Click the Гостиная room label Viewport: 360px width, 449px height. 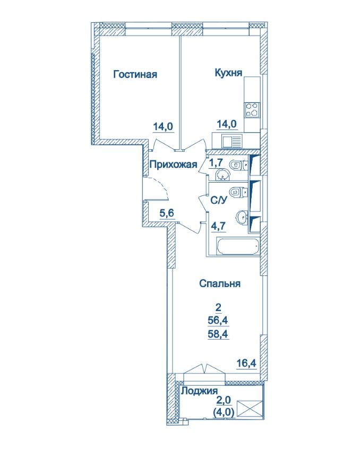(135, 74)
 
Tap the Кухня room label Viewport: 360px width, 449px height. (228, 73)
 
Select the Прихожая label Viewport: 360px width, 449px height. (174, 165)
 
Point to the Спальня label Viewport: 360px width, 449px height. (220, 283)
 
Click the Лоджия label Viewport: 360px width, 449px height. (200, 391)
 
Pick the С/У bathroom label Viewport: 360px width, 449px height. (219, 201)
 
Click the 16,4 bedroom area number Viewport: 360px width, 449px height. (246, 364)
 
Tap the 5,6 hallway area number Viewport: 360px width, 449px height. (167, 213)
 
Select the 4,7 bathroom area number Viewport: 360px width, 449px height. (219, 226)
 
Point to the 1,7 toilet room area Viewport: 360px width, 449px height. (216, 162)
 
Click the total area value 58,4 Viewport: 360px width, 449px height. (218, 334)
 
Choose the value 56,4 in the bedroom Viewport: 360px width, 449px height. (218, 321)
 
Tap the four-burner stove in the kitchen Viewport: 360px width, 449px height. (252, 110)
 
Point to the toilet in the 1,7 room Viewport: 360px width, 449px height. (238, 165)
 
